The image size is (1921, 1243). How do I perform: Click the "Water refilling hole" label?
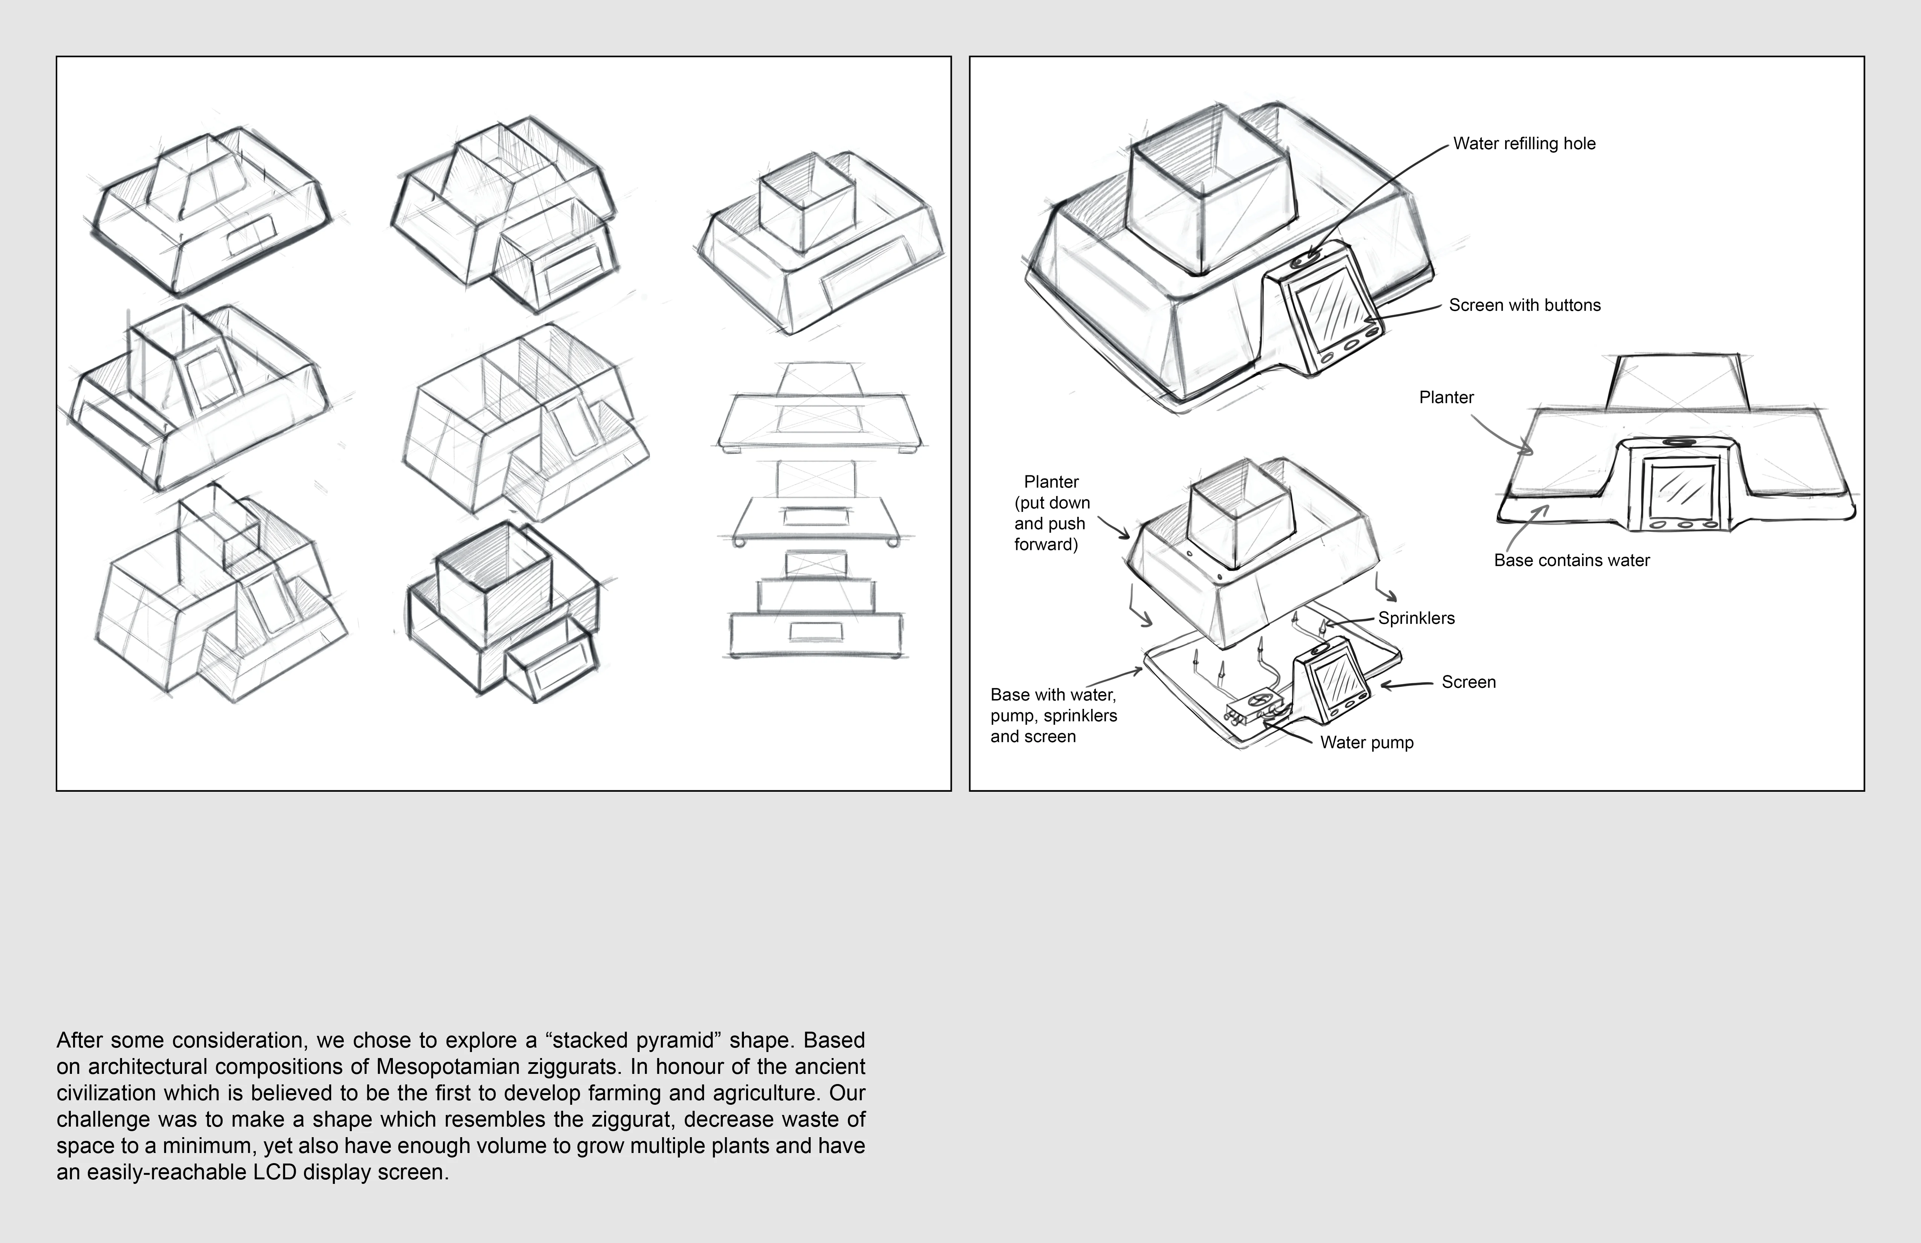(x=1524, y=144)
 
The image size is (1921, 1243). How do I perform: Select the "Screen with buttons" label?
(x=1524, y=305)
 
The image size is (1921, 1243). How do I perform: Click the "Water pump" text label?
(x=1367, y=742)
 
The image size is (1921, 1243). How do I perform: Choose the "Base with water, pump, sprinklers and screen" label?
(x=1053, y=715)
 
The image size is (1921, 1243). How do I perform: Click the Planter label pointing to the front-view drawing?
(x=1446, y=397)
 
